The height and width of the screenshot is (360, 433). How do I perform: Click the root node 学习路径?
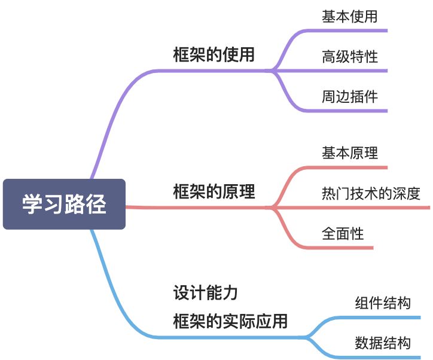[x=64, y=204]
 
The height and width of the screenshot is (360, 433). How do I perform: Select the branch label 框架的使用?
[x=214, y=55]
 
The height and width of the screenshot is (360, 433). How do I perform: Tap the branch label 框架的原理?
[x=214, y=192]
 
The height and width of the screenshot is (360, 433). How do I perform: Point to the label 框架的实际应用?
[x=230, y=322]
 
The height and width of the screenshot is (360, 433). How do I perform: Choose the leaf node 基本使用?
[x=350, y=17]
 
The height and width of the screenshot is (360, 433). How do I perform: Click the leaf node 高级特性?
[x=350, y=57]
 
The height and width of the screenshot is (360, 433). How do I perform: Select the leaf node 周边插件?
[x=350, y=97]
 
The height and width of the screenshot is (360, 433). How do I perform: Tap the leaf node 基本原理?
[x=350, y=153]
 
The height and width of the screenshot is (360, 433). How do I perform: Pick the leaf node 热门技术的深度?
[x=371, y=194]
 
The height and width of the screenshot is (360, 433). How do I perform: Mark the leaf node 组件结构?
[x=383, y=303]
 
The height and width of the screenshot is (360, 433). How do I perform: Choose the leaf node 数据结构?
[x=383, y=343]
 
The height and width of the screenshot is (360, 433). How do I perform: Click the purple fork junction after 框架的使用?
[x=273, y=71]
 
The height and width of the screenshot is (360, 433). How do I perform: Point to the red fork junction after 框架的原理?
[x=273, y=208]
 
